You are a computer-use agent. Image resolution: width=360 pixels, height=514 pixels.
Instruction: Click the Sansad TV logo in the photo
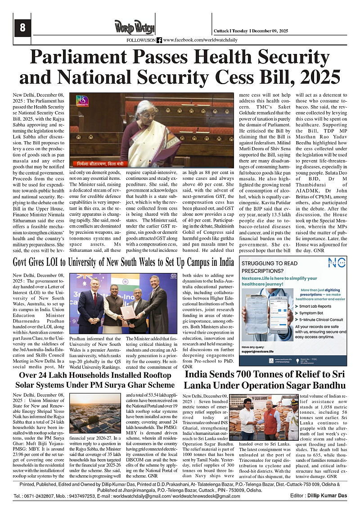click(x=82, y=100)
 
